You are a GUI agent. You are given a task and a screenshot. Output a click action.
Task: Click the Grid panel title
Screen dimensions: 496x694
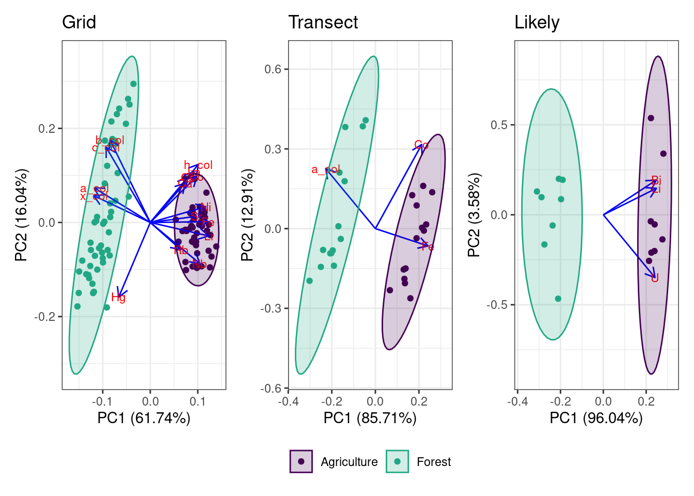(79, 23)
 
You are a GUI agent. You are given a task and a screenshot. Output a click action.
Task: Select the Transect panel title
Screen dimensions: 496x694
(323, 23)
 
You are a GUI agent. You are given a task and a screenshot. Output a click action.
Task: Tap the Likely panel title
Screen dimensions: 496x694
(537, 23)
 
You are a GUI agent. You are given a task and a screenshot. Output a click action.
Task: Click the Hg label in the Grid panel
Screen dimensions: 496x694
(118, 298)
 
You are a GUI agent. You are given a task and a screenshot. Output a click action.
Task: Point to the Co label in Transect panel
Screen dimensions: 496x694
(421, 145)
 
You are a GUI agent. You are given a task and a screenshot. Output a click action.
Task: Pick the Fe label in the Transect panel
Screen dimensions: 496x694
(428, 247)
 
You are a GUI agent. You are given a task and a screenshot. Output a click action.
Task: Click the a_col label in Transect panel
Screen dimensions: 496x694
(326, 169)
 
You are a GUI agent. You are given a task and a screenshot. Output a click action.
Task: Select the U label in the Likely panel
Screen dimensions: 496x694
(655, 278)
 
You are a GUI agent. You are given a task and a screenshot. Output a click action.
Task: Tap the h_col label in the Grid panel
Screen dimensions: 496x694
(198, 165)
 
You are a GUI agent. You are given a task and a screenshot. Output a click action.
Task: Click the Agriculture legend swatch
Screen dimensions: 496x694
(301, 461)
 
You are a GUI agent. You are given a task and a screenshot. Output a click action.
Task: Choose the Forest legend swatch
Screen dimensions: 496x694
(397, 461)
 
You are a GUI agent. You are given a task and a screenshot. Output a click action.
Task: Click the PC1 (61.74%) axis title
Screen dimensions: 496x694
(144, 418)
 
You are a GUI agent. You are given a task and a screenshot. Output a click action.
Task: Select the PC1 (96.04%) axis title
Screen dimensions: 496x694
(596, 418)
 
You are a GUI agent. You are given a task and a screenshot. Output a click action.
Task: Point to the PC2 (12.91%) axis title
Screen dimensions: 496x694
(247, 215)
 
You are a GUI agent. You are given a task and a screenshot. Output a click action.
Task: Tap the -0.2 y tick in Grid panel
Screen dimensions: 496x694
(45, 317)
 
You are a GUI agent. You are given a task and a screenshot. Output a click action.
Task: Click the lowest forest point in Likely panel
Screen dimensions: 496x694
(558, 299)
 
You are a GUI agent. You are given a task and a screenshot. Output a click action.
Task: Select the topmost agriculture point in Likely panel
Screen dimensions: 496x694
(651, 118)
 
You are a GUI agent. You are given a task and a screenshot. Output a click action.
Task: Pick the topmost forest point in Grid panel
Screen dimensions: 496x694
(133, 84)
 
